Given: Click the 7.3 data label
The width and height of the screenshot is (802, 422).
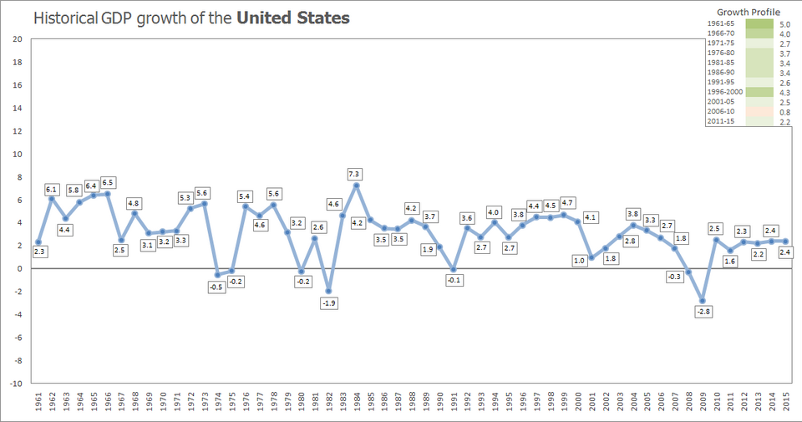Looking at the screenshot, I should coord(355,175).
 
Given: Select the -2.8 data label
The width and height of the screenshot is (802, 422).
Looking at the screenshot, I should coord(703,312).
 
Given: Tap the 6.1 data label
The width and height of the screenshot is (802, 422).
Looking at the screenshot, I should coord(52,190).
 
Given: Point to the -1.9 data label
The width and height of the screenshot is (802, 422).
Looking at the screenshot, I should coord(328,303).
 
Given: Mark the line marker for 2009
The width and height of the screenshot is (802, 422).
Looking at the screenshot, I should coord(703,301).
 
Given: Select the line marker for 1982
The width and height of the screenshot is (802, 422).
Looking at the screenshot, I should coord(328,291).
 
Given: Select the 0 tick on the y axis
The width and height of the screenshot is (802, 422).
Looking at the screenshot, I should coord(19,269).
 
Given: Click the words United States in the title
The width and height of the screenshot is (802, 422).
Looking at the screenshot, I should coord(293,18).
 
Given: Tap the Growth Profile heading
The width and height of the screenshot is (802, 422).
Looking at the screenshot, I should coord(749,13).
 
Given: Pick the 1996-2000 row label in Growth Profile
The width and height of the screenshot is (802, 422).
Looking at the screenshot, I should coord(723,92).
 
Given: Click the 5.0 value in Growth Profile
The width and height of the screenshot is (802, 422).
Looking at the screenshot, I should coord(784,24).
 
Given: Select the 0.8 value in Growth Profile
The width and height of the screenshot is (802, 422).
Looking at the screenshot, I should coord(784,112).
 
